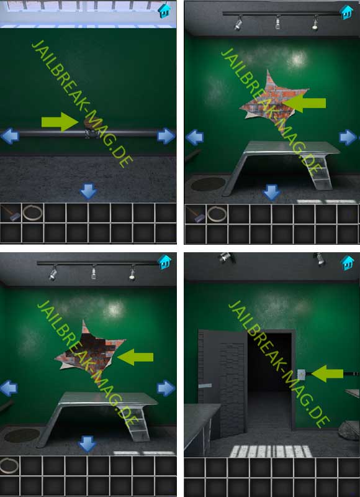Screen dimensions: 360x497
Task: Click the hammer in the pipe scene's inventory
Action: coord(11,212)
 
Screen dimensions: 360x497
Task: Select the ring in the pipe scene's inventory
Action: coord(33,212)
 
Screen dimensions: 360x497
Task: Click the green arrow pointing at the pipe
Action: coord(60,122)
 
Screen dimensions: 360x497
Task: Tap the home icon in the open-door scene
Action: coord(347,263)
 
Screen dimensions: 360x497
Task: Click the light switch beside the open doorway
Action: coord(301,375)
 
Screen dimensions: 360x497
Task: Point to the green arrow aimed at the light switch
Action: coord(327,374)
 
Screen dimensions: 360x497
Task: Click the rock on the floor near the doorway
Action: coord(349,430)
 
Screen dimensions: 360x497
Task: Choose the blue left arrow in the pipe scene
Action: coord(10,136)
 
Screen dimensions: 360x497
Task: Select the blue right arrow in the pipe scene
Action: coord(166,136)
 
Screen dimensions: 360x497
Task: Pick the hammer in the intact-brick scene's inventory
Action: coord(195,214)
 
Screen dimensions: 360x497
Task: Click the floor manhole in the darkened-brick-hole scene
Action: coord(22,435)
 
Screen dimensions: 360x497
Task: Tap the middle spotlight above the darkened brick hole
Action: coord(94,273)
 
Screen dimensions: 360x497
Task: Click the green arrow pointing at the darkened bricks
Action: coord(135,357)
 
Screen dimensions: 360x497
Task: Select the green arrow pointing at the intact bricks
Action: coord(304,103)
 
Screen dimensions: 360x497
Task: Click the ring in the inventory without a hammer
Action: coord(9,465)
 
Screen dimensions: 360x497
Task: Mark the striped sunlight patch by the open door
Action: coord(271,451)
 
